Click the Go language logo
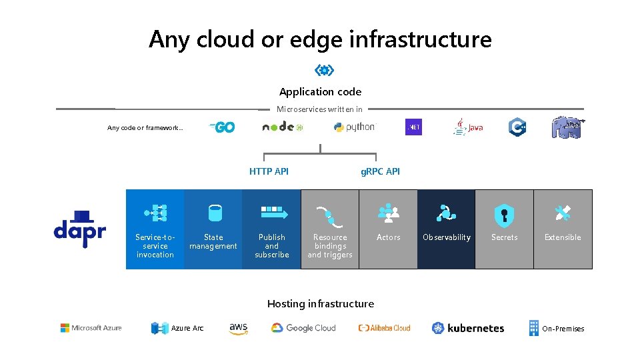222,127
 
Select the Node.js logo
283,127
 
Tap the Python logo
355,127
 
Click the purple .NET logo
413,127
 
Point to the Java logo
468,127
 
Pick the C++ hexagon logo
517,127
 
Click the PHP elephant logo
567,127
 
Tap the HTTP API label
269,171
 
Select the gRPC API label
380,171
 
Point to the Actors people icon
388,213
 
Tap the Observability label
446,237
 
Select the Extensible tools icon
563,213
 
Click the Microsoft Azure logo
91,328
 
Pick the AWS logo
239,328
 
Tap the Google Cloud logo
303,328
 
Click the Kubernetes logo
468,328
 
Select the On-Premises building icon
533,328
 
